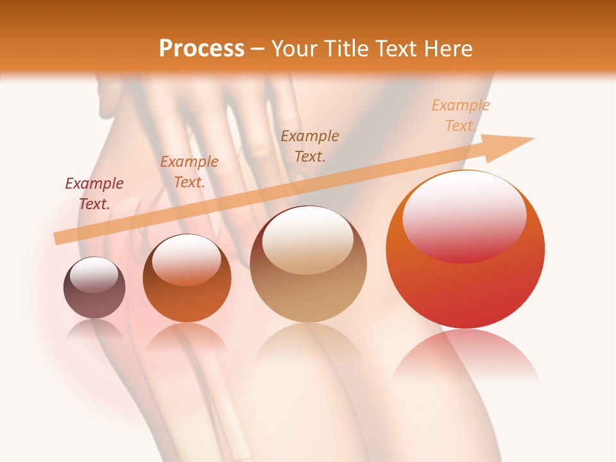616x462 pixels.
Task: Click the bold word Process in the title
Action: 201,48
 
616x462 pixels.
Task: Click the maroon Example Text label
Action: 94,194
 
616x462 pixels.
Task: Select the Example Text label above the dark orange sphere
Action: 189,172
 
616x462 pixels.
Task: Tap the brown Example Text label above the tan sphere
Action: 310,146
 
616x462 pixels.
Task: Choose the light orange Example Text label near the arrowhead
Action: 460,116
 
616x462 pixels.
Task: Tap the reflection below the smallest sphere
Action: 94,329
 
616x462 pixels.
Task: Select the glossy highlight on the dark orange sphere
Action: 187,259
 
